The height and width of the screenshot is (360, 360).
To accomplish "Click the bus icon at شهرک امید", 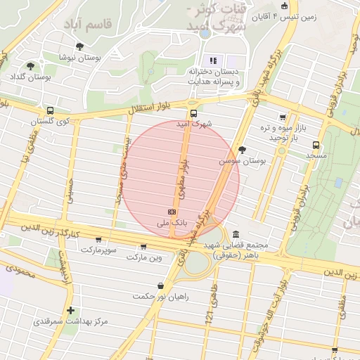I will click(193, 113).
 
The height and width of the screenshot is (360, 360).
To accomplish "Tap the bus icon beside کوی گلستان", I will click(50, 110).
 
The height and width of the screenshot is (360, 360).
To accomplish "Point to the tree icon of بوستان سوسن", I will click(243, 150).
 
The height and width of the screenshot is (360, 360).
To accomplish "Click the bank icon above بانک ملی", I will click(172, 211).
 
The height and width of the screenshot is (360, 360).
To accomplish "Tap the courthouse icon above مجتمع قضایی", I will click(234, 234).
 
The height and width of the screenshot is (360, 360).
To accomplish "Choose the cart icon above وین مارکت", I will click(144, 247).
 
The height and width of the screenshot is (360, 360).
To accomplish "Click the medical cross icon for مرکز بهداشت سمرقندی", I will click(70, 310).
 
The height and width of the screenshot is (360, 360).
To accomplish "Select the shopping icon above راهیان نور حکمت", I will click(162, 286).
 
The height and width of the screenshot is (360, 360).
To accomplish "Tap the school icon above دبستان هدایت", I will click(213, 60).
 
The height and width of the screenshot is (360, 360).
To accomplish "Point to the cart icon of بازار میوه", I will click(283, 117).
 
